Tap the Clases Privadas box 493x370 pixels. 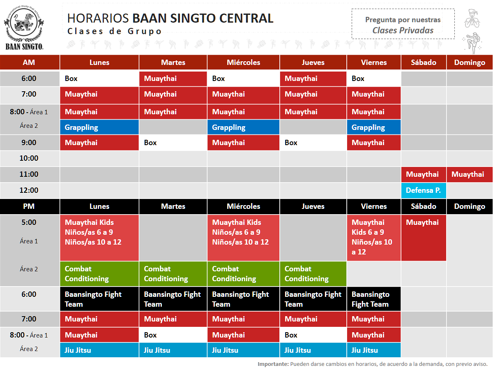pos(403,25)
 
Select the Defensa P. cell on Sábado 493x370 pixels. pos(423,190)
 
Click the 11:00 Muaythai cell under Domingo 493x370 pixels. pos(469,174)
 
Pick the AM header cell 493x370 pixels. pos(29,62)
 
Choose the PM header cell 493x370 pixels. pos(29,206)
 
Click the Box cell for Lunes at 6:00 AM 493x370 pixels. pos(99,79)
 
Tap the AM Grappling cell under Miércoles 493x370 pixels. pos(243,127)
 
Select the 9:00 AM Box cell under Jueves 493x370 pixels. pos(313,143)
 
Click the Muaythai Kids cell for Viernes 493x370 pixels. pos(373,237)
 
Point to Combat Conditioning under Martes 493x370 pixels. pos(173,274)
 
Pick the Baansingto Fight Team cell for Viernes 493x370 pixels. pos(373,299)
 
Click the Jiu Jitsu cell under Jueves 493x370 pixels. pos(313,350)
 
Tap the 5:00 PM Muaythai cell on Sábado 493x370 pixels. pos(423,237)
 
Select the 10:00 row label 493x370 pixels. pos(29,158)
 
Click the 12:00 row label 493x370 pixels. pos(29,190)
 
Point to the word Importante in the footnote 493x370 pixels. pos(273,364)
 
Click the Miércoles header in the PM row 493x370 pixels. pos(243,206)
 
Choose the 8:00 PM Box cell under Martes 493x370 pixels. pos(173,335)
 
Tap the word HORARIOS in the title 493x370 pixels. pos(98,18)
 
